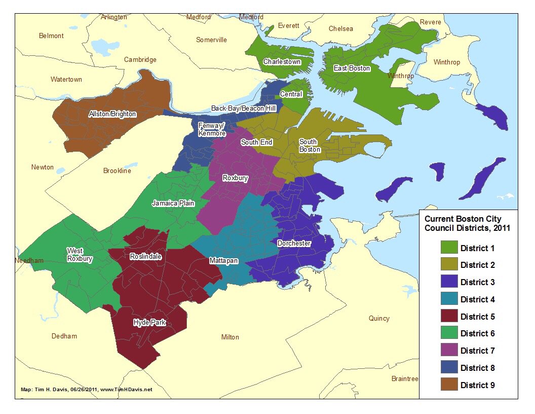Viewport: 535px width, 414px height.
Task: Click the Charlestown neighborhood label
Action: (282, 62)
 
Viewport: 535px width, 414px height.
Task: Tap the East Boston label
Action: (352, 68)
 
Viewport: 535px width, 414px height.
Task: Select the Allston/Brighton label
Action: (112, 114)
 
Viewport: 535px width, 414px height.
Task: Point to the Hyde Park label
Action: (149, 323)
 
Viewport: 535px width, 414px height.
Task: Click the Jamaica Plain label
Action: (173, 203)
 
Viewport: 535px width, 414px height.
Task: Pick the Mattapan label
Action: (223, 261)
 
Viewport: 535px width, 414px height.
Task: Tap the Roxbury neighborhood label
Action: (235, 179)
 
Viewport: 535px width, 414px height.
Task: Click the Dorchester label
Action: (294, 244)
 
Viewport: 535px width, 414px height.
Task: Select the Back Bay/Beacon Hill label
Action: (243, 109)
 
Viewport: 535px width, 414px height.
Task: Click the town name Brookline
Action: (117, 171)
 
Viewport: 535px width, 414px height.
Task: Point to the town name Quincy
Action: (379, 319)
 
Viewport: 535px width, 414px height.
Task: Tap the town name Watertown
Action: (66, 80)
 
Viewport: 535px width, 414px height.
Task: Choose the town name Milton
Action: (230, 337)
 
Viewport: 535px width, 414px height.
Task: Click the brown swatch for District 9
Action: (448, 385)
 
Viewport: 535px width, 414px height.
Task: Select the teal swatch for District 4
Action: (448, 299)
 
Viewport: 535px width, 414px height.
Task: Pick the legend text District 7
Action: (477, 351)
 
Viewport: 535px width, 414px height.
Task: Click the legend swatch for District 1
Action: (448, 248)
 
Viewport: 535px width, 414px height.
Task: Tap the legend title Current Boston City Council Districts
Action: (467, 224)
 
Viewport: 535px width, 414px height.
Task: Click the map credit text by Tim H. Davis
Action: (86, 390)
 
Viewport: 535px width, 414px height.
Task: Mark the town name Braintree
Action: (404, 379)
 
